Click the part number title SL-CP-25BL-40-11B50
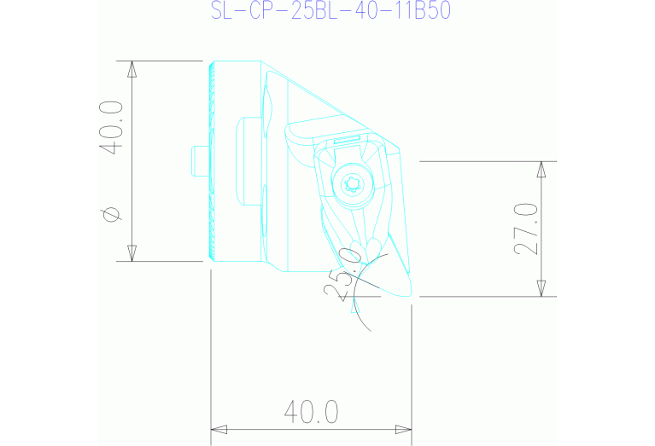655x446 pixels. pyautogui.click(x=330, y=11)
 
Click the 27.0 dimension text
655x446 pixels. pyautogui.click(x=524, y=229)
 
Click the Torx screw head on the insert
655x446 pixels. pyautogui.click(x=351, y=184)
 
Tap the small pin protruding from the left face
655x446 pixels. pyautogui.click(x=199, y=160)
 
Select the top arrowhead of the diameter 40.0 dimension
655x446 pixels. pyautogui.click(x=132, y=68)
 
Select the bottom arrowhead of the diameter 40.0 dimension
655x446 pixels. pyautogui.click(x=132, y=253)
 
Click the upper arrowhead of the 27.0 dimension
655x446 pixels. pyautogui.click(x=541, y=168)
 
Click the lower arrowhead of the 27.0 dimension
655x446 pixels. pyautogui.click(x=541, y=289)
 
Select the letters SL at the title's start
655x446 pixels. pyautogui.click(x=221, y=11)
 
